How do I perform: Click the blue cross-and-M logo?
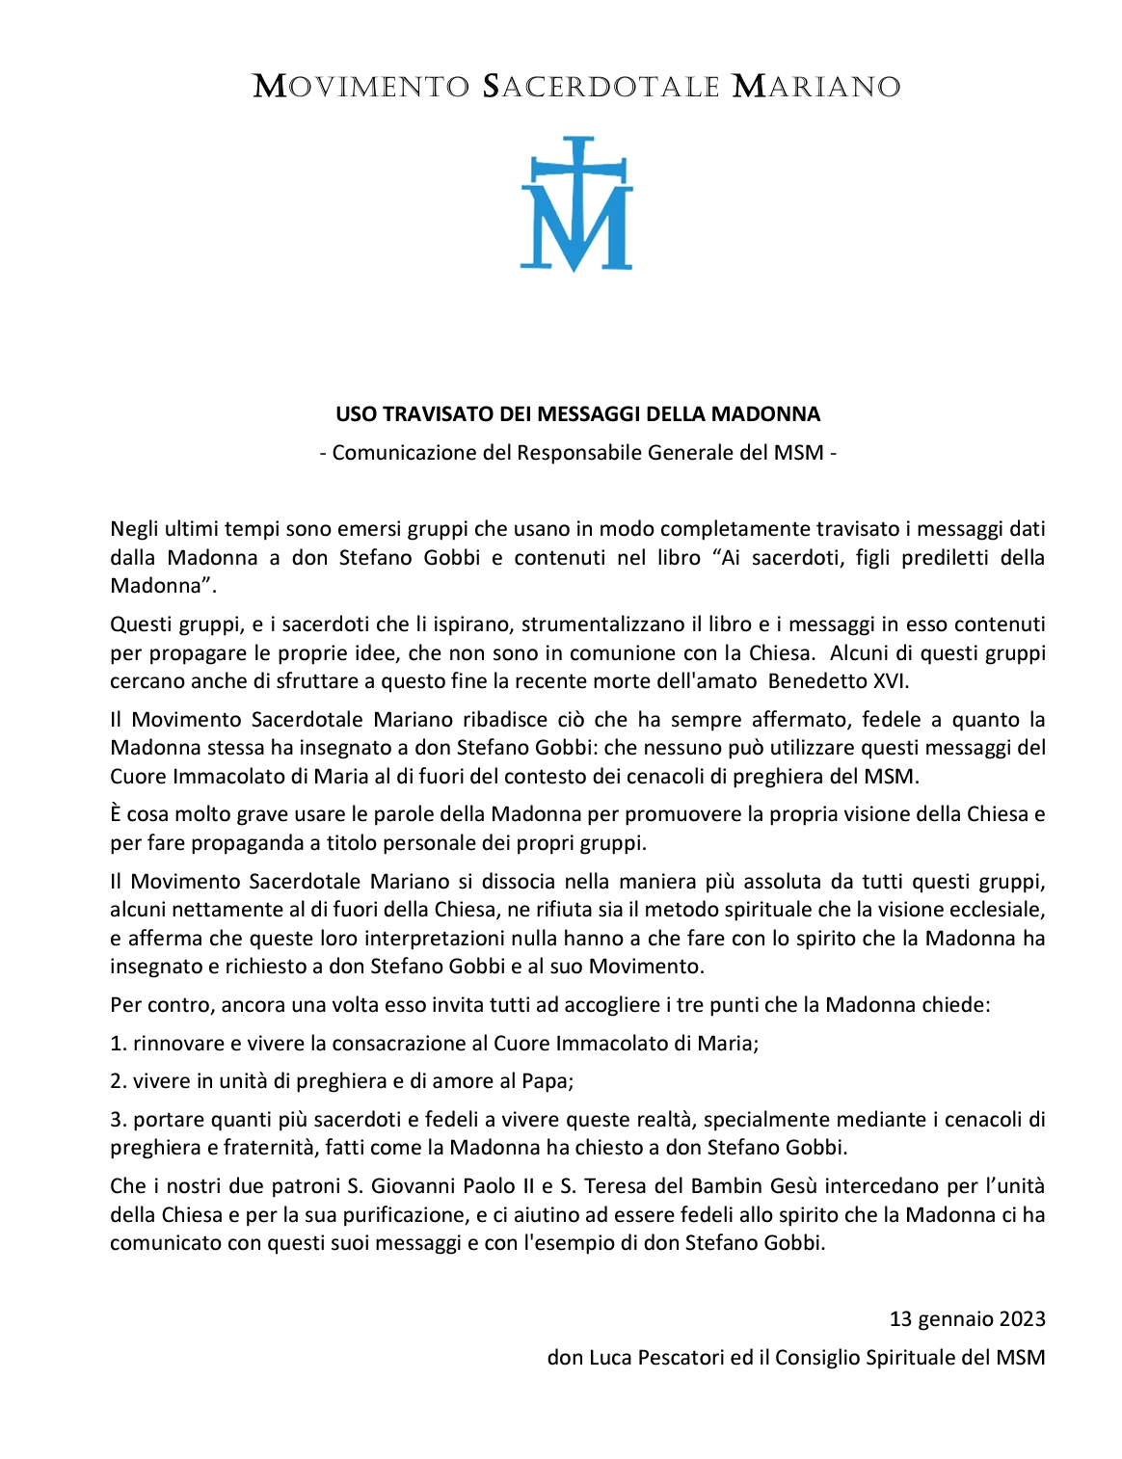tap(576, 203)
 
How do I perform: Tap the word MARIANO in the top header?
tap(816, 87)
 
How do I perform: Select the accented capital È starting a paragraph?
tap(116, 814)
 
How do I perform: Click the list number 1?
tap(117, 1044)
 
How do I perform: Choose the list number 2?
tap(117, 1081)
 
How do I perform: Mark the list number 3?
tap(117, 1120)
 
